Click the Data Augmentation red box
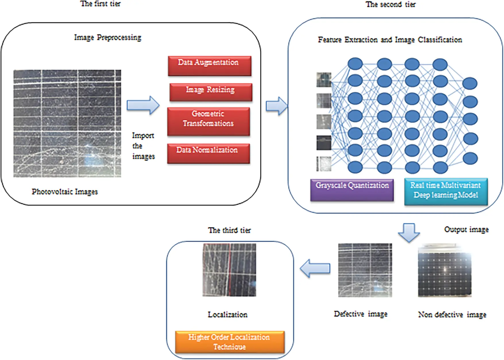(209, 66)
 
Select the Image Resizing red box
(211, 92)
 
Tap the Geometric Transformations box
(208, 121)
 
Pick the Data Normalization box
(208, 154)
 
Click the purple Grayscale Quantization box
(352, 190)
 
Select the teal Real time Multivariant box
(446, 191)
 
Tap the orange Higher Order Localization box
(230, 342)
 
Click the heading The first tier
(100, 4)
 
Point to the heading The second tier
(390, 4)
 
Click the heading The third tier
(229, 230)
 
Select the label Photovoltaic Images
(65, 191)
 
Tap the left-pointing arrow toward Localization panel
(315, 268)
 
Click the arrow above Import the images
(143, 105)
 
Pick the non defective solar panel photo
(445, 271)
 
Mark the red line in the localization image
(229, 270)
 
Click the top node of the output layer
(470, 84)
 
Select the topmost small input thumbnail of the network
(324, 80)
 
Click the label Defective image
(360, 314)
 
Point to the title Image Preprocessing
(108, 38)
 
